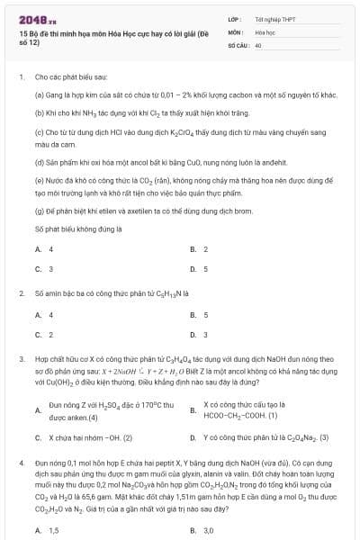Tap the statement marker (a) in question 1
[x=39, y=94]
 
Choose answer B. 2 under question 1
[x=199, y=248]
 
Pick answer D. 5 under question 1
[x=199, y=268]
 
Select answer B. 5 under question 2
[x=199, y=314]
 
